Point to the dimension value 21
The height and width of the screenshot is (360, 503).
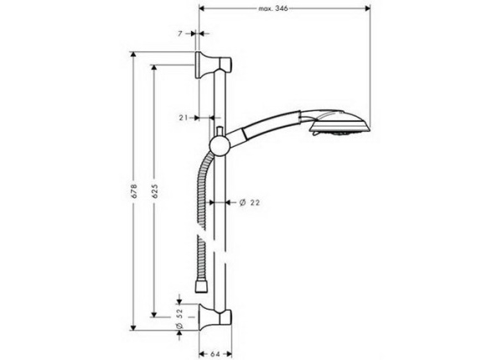[184, 118]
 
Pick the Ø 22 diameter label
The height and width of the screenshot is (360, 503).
[248, 202]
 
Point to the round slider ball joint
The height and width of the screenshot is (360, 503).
[219, 147]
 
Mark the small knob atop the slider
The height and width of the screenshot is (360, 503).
[219, 131]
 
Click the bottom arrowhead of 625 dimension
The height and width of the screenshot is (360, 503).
[153, 316]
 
